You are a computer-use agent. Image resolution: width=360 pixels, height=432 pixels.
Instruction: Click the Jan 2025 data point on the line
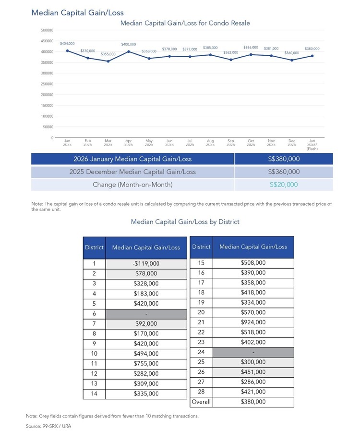pyautogui.click(x=67, y=50)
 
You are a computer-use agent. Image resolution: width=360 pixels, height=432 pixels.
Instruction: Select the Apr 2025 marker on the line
pyautogui.click(x=129, y=51)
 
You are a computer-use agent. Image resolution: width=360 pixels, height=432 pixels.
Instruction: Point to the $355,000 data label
pyautogui.click(x=108, y=54)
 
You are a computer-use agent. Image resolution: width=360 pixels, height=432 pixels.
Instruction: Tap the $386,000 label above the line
pyautogui.click(x=251, y=48)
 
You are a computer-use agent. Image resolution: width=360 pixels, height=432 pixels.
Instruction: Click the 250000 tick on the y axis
pyautogui.click(x=47, y=84)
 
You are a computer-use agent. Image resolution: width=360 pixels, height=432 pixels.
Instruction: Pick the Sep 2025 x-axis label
pyautogui.click(x=231, y=142)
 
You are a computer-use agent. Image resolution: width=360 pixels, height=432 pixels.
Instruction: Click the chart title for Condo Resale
pyautogui.click(x=185, y=23)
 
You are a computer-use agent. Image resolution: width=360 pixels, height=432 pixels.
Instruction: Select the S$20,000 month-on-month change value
pyautogui.click(x=284, y=185)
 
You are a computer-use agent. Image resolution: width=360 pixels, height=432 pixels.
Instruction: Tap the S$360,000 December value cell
pyautogui.click(x=284, y=172)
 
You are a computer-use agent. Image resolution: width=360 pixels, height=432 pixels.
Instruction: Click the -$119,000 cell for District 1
pyautogui.click(x=146, y=264)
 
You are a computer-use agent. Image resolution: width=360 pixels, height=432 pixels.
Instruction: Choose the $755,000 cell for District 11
pyautogui.click(x=146, y=364)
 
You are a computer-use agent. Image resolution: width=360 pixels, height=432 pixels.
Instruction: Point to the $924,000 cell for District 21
pyautogui.click(x=253, y=322)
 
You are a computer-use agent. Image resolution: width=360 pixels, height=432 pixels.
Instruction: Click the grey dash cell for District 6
pyautogui.click(x=146, y=314)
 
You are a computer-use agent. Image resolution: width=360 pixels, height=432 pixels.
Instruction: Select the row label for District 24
pyautogui.click(x=201, y=352)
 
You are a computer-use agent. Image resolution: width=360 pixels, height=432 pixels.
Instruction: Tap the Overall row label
pyautogui.click(x=201, y=402)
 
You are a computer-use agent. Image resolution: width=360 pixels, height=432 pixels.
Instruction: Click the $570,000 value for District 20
pyautogui.click(x=253, y=312)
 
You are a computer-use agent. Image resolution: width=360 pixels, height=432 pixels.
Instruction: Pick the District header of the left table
pyautogui.click(x=94, y=247)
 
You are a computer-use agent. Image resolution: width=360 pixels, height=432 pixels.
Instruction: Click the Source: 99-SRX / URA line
pyautogui.click(x=48, y=426)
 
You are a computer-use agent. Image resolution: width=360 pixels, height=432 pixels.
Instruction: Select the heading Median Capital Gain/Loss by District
pyautogui.click(x=185, y=222)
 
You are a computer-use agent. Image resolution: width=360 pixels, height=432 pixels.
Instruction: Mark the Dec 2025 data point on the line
pyautogui.click(x=292, y=60)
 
